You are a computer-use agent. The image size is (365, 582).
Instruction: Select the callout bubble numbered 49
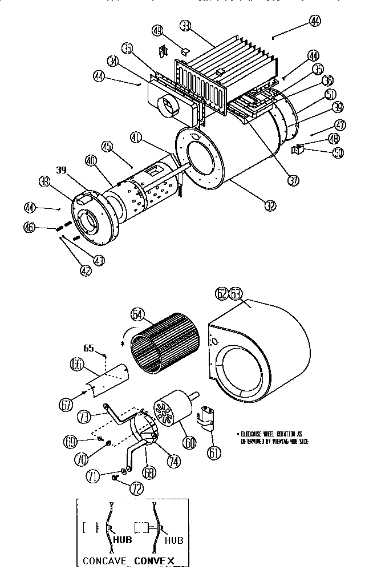pyautogui.click(x=158, y=30)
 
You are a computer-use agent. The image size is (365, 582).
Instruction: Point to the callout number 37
pyautogui.click(x=293, y=180)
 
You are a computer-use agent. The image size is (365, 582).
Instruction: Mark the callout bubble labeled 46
pyautogui.click(x=31, y=227)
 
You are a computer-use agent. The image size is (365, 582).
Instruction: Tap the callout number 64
pyautogui.click(x=138, y=313)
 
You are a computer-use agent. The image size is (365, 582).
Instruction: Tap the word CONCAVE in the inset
pyautogui.click(x=104, y=560)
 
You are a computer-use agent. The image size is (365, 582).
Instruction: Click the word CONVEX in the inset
pyautogui.click(x=155, y=560)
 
